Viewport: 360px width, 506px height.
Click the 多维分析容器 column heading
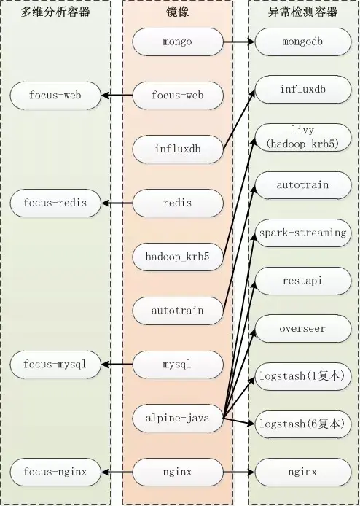tap(55, 12)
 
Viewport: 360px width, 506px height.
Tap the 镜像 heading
tap(178, 12)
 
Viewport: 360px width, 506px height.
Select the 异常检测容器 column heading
tap(302, 12)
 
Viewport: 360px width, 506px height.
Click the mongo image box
tap(178, 42)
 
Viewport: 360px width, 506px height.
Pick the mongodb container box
tap(303, 42)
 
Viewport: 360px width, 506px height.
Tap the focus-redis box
tap(55, 203)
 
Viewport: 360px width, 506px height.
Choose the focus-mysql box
tap(55, 365)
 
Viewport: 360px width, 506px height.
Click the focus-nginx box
tap(55, 472)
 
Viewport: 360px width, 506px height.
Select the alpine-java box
tap(178, 419)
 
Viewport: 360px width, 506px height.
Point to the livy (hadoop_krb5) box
tap(303, 137)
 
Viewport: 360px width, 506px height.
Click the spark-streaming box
tap(303, 233)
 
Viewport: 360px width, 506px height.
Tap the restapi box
tap(303, 281)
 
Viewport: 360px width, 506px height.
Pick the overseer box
tap(303, 329)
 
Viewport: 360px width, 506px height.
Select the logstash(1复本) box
tap(303, 376)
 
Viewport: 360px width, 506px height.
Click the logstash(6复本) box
tap(303, 424)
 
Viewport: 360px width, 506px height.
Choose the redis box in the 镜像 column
tap(178, 203)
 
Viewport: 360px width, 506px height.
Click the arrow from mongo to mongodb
tap(239, 42)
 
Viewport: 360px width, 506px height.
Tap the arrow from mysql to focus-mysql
tap(117, 365)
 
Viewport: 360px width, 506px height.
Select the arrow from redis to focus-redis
tap(117, 203)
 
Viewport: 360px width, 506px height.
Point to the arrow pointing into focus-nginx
tap(117, 472)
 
